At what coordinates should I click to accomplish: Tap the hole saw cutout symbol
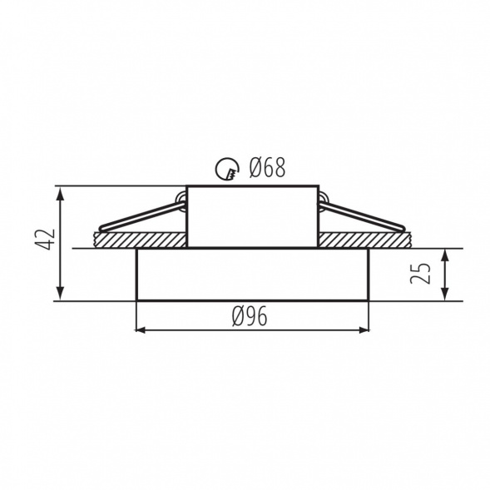pos(225,170)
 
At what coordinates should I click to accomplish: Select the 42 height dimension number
pos(47,240)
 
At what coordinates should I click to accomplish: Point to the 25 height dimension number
pos(421,273)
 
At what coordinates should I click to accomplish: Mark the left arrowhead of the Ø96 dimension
pos(141,330)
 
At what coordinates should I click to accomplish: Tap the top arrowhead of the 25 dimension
pos(445,254)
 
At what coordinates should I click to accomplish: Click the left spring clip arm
pos(137,214)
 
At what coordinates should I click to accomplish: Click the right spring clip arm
pos(366,214)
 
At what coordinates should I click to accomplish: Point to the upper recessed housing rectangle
pos(251,215)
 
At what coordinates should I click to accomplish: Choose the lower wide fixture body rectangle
pos(251,274)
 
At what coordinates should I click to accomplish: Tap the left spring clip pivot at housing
pos(181,197)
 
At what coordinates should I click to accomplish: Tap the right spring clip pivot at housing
pos(322,197)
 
